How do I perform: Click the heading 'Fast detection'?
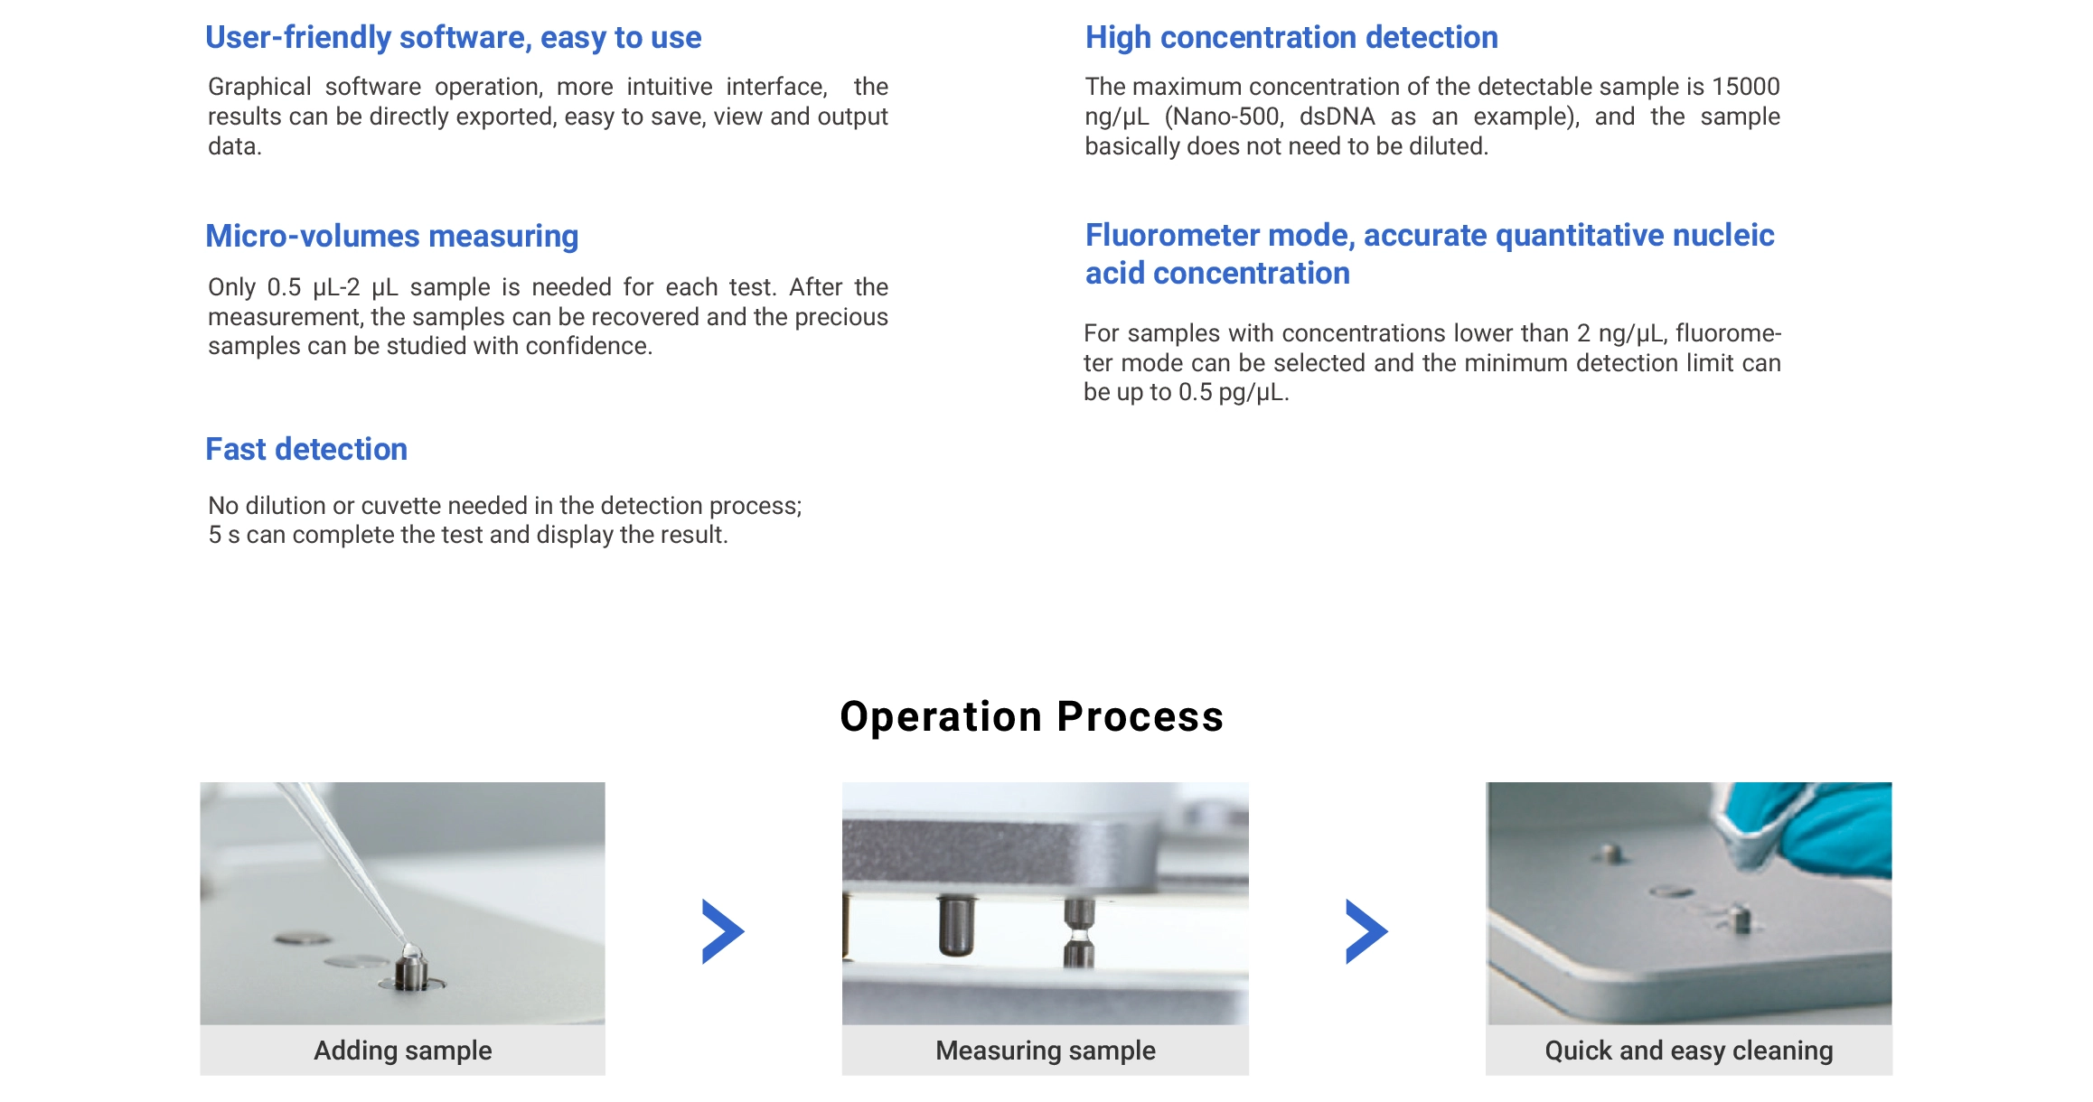[306, 449]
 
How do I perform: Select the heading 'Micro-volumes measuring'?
[391, 236]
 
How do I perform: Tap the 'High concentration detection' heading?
[1291, 37]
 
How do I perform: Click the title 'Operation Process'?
[1032, 716]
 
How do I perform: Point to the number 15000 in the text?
[1746, 87]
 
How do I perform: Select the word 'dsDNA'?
[1337, 117]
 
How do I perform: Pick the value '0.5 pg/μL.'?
[1234, 393]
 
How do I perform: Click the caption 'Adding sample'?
[403, 1051]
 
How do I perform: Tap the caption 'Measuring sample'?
[1046, 1051]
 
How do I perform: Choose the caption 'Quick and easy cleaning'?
[1689, 1051]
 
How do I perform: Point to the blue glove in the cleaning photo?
[1816, 826]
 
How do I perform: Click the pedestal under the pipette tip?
[412, 971]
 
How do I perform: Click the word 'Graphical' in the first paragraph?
[259, 87]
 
